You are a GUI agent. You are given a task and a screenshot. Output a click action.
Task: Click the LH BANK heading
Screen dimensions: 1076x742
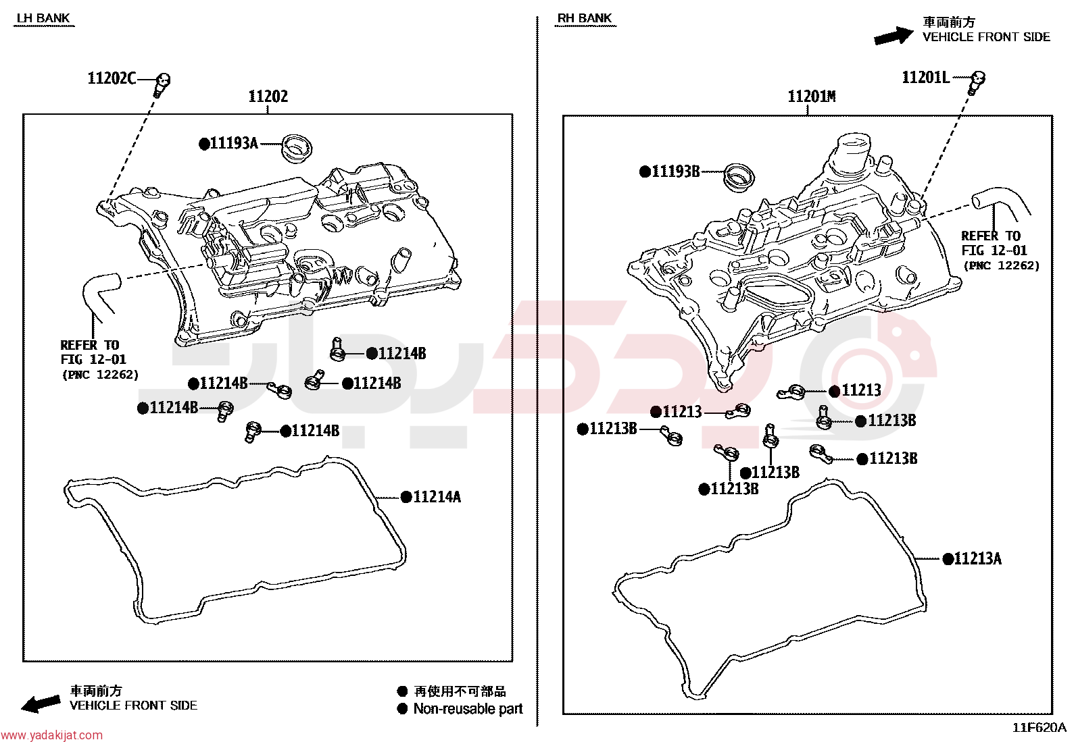43,18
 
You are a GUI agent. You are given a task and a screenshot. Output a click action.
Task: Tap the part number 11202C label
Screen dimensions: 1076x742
112,78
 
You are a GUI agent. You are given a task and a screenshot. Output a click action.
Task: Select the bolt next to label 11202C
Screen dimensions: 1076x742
162,84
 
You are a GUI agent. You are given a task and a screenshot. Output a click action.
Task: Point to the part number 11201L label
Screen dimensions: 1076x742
926,77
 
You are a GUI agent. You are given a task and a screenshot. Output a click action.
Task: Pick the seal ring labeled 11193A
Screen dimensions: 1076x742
296,149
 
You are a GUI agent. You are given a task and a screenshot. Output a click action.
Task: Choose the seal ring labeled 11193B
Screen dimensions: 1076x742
739,178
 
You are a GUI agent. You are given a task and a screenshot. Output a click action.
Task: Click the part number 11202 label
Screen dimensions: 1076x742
268,97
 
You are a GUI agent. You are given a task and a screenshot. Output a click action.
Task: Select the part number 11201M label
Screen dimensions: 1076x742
812,97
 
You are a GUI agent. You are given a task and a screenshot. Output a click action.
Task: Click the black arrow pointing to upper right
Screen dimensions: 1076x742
893,36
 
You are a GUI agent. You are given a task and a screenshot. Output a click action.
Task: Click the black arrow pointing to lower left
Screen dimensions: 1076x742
41,704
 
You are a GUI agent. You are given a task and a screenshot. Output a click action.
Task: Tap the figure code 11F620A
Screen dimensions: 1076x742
1039,728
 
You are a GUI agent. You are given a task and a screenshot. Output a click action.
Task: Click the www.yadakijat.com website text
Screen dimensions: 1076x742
51,735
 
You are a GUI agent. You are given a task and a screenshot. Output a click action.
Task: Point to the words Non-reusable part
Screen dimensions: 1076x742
468,709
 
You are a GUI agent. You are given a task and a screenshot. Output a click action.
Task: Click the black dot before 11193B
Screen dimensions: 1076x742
645,171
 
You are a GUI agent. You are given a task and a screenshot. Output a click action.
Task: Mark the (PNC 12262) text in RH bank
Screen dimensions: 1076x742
1002,265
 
